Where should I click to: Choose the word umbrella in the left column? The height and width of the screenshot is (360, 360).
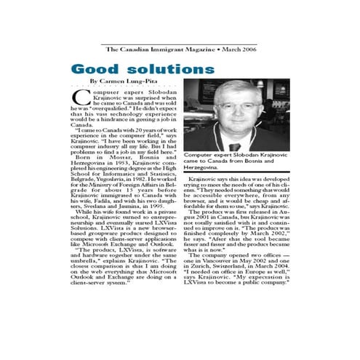90,258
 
